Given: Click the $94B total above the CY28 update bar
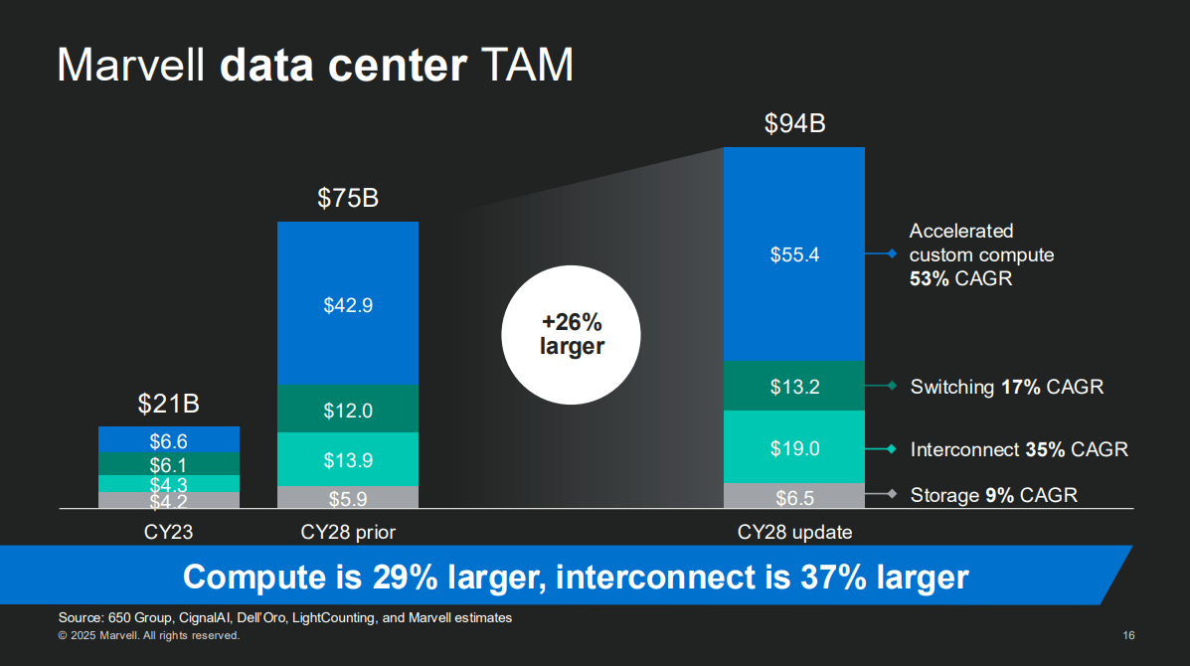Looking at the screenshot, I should [x=794, y=124].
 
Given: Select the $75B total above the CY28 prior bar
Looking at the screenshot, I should [x=348, y=199].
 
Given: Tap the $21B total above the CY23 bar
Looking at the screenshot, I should [x=168, y=405].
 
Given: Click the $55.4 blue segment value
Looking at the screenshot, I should [x=794, y=254].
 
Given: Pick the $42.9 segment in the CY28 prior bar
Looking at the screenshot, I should [x=348, y=305].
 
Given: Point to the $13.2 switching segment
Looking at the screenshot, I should [x=794, y=387].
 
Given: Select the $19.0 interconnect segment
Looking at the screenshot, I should [x=794, y=448].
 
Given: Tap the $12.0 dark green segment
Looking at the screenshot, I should [x=348, y=411].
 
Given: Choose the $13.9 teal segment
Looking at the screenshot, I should [x=348, y=460].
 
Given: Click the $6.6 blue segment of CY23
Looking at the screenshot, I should [x=168, y=440].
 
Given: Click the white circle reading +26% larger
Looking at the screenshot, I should [x=572, y=335].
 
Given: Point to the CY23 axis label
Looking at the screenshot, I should [x=168, y=532].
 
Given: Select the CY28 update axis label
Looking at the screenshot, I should [x=794, y=532].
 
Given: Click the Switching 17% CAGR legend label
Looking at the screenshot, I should [x=1006, y=387].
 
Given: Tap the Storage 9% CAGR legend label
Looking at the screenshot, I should [x=993, y=495].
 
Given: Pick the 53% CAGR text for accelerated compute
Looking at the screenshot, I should [x=960, y=278].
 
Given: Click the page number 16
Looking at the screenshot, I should [x=1128, y=635].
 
